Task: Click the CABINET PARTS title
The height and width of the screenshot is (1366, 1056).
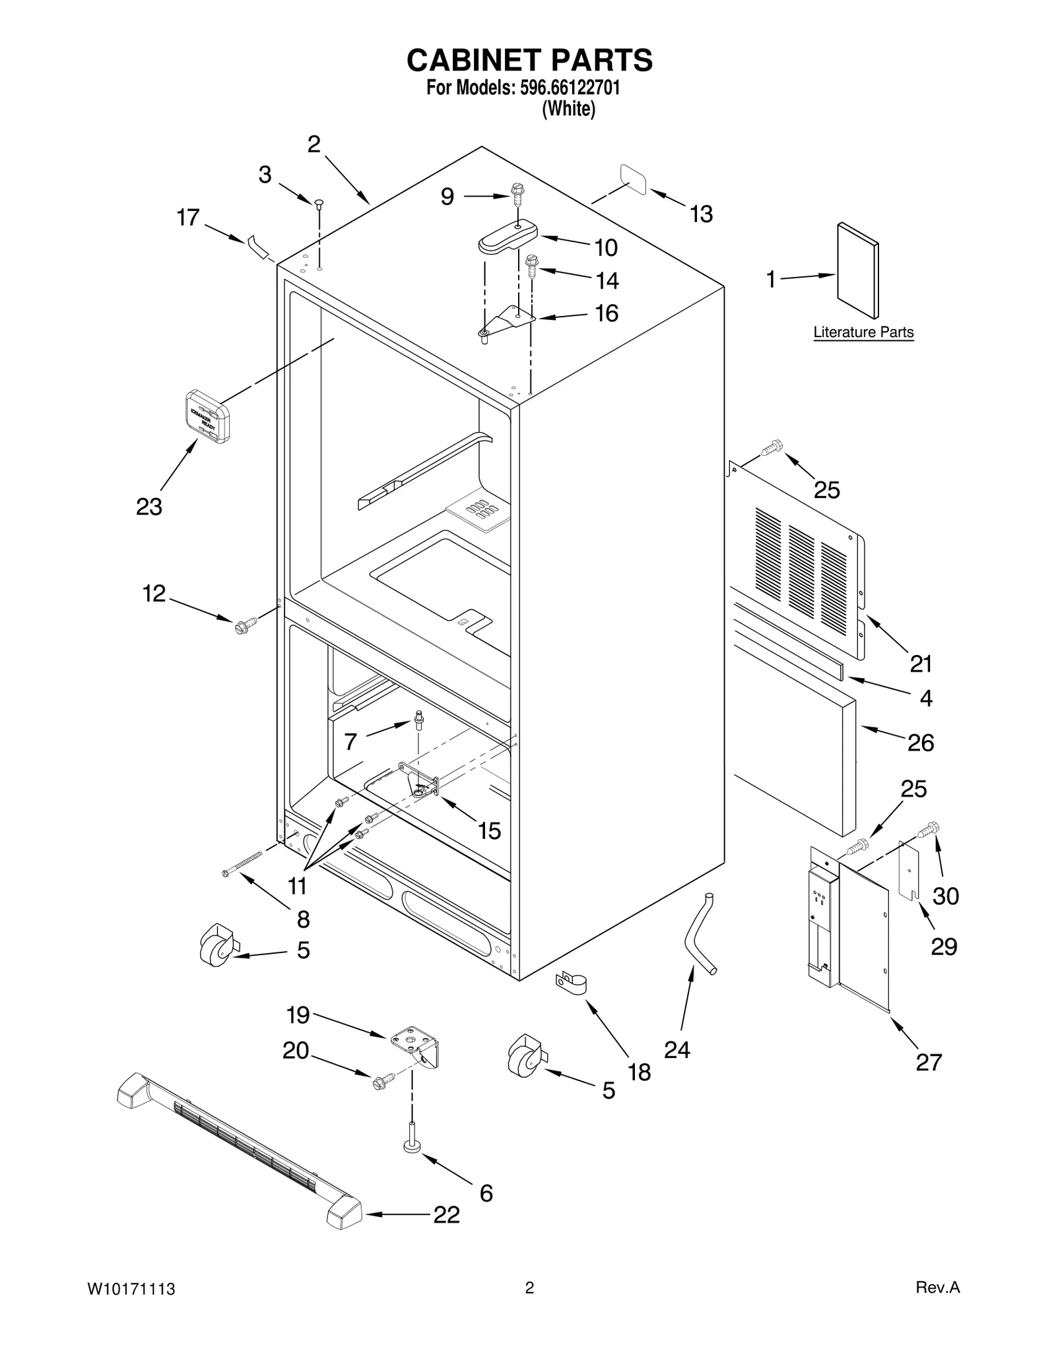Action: [529, 60]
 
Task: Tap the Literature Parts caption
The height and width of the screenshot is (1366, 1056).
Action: [863, 332]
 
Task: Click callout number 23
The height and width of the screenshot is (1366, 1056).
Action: [149, 507]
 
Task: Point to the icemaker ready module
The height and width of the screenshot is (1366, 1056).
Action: [207, 416]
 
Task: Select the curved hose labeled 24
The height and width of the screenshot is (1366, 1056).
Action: [700, 931]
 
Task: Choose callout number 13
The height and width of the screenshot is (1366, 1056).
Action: [701, 214]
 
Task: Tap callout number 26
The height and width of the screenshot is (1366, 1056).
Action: [921, 743]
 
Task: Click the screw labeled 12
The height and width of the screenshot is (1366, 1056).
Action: [241, 627]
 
